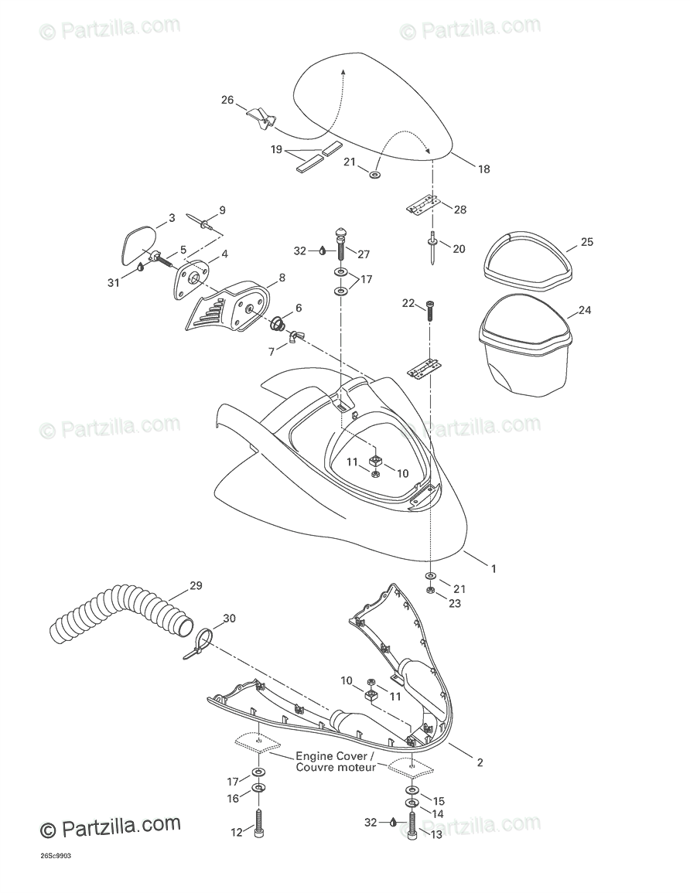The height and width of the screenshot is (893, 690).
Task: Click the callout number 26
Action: pos(227,100)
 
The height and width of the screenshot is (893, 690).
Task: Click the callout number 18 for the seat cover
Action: pos(484,169)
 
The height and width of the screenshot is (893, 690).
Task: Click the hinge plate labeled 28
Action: pos(423,206)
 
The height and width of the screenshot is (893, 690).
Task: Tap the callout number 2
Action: pos(480,762)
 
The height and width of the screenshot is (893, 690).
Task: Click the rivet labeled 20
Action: pos(432,250)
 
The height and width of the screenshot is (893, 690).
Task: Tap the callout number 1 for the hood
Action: pos(493,568)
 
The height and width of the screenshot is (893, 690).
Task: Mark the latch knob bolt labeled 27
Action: pos(341,244)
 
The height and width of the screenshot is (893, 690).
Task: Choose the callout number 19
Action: pos(276,149)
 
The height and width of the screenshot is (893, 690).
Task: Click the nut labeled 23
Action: pos(430,591)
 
